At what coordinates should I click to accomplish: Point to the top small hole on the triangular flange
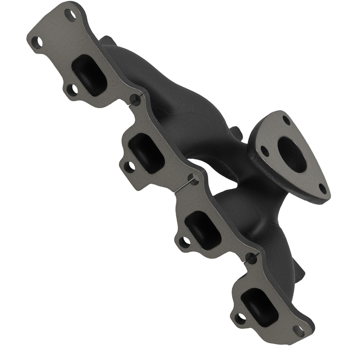(x=286, y=120)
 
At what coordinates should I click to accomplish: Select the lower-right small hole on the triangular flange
(x=323, y=188)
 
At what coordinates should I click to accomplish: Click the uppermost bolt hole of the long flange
(x=70, y=15)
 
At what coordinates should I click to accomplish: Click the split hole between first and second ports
(x=135, y=99)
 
